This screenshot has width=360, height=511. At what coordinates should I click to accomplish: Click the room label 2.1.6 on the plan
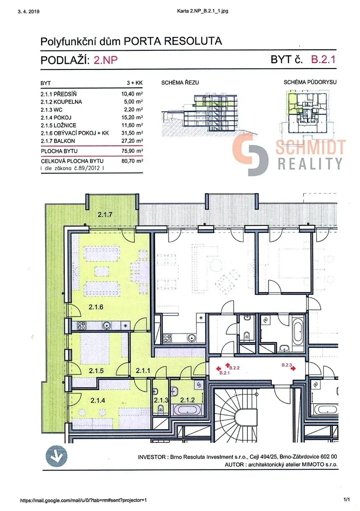(x=96, y=307)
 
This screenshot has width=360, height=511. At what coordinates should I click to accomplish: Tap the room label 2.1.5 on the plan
(x=96, y=371)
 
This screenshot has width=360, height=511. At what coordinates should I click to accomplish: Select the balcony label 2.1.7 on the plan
(x=105, y=215)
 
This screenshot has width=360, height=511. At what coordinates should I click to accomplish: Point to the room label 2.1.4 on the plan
(x=97, y=400)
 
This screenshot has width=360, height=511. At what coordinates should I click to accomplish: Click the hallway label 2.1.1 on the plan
(x=143, y=371)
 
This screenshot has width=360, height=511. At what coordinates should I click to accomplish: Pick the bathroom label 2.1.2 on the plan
(x=187, y=400)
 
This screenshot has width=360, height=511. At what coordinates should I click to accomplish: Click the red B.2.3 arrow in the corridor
(x=293, y=368)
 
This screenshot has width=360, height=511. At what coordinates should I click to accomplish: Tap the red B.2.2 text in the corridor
(x=234, y=368)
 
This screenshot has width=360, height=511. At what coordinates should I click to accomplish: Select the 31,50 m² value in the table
(x=132, y=133)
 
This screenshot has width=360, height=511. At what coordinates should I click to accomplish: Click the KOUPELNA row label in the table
(x=68, y=102)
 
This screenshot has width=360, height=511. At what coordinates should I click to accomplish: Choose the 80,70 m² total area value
(x=132, y=161)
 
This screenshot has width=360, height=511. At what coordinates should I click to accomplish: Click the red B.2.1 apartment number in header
(x=323, y=60)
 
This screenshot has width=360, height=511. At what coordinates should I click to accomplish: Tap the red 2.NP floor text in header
(x=106, y=60)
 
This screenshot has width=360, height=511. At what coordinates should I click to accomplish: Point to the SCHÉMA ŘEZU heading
(x=180, y=83)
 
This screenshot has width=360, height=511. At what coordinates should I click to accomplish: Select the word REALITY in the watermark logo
(x=310, y=164)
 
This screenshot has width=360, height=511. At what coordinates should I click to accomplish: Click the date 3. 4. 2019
(x=29, y=11)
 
